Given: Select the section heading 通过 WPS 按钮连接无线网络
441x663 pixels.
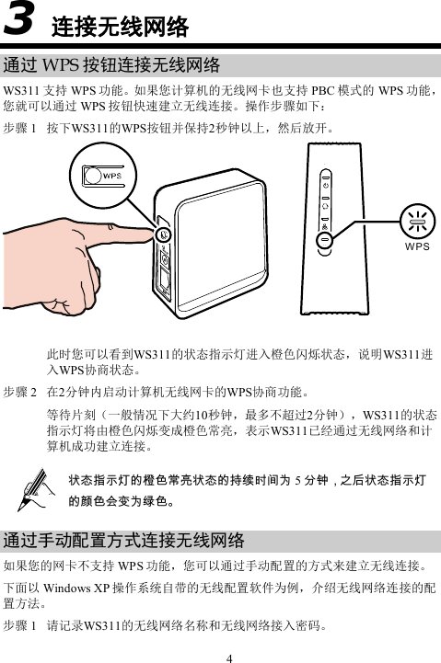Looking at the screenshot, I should [x=111, y=65].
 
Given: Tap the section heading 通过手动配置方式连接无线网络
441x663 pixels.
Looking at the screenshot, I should [x=124, y=539].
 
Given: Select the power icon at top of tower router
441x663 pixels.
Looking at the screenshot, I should [x=324, y=185].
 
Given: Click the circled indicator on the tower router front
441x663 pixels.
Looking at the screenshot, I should [x=324, y=238].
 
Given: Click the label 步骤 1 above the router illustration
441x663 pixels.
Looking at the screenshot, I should [x=20, y=128].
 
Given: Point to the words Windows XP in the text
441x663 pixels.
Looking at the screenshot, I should [x=68, y=588].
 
